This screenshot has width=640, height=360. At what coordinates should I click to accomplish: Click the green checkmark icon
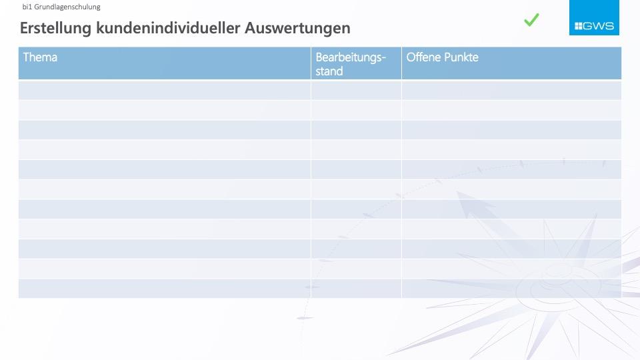coord(531,19)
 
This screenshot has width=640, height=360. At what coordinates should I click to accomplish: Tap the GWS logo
coord(594,17)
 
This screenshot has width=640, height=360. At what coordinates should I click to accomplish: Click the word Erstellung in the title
coord(55,28)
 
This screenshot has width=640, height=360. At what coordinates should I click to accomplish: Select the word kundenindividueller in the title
coord(168,28)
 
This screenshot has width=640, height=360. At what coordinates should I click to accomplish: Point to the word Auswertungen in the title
coord(297,29)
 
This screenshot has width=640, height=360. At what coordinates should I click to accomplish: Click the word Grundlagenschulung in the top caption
coord(67,7)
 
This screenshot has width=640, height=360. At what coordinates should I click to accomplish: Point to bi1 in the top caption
coord(27,7)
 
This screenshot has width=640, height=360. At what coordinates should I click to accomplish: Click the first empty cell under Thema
coord(165,90)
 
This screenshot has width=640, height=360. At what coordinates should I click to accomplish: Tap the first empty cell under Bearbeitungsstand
coord(356,90)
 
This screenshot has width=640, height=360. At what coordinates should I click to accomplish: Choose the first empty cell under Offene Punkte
coord(511,90)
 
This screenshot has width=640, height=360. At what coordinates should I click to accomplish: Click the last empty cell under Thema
coord(165,289)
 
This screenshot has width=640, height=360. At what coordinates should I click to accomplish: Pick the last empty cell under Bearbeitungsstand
coord(356,289)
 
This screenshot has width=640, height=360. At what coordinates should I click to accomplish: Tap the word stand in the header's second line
coord(329,71)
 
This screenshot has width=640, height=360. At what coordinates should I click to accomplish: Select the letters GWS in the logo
coord(599,26)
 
